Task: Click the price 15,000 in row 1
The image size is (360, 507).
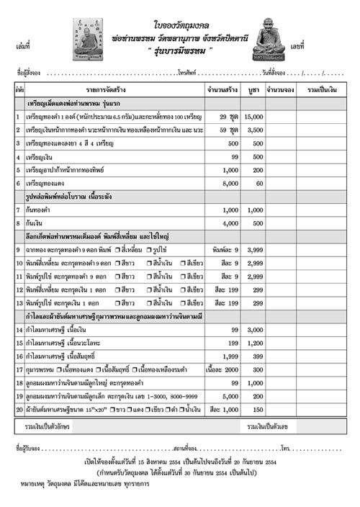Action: (x=254, y=117)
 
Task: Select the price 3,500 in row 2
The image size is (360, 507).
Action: (x=254, y=130)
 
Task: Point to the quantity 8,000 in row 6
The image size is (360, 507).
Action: (x=228, y=184)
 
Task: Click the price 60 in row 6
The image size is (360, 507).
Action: (x=257, y=184)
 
